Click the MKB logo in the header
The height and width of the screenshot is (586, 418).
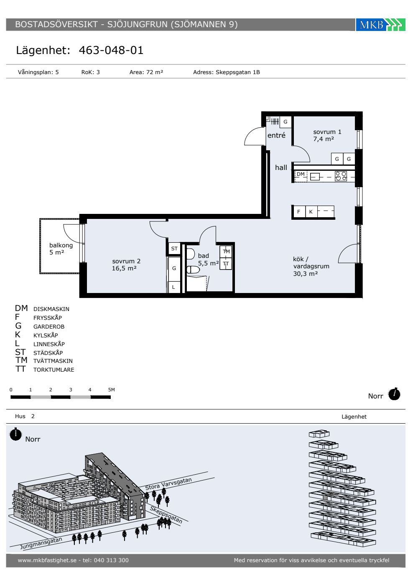click(x=380, y=25)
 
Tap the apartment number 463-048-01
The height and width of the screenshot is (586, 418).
click(x=111, y=50)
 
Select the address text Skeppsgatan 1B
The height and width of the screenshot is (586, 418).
click(x=237, y=72)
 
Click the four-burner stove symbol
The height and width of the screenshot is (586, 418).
click(x=341, y=176)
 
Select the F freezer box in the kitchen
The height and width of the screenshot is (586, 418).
click(x=298, y=212)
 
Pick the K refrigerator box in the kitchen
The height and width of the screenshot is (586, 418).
click(x=311, y=212)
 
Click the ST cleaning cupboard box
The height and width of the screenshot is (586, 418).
click(x=174, y=249)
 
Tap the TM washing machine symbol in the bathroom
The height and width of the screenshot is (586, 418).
click(x=226, y=252)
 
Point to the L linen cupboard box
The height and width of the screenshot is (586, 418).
click(x=173, y=287)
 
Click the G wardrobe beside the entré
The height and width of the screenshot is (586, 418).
click(x=285, y=122)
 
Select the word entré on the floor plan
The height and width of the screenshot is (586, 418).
click(x=276, y=135)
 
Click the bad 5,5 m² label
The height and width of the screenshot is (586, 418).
click(x=208, y=260)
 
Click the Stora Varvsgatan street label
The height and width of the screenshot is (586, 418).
click(x=168, y=484)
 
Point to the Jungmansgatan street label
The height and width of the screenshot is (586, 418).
click(x=41, y=543)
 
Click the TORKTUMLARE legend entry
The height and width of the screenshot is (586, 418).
click(x=54, y=370)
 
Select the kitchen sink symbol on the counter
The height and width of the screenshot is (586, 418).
click(x=315, y=177)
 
